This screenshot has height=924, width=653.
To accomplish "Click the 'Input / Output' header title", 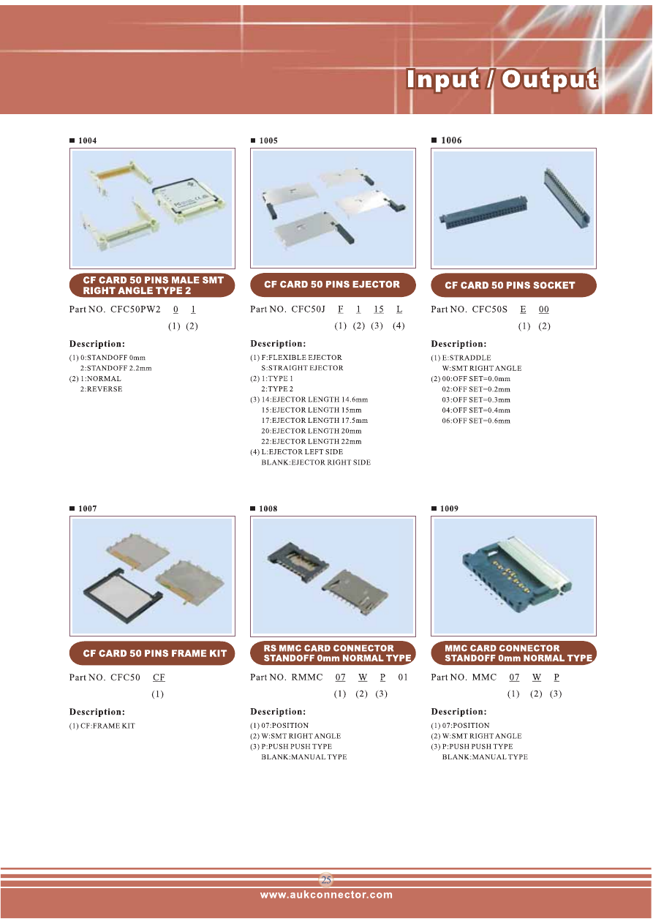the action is [502, 79].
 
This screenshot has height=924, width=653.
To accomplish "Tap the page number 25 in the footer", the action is [326, 880].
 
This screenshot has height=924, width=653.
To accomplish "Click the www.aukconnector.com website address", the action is [326, 895].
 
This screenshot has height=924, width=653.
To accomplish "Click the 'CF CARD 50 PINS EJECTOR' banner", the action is [333, 285].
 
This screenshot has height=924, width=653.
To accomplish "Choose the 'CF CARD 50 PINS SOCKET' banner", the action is [513, 285].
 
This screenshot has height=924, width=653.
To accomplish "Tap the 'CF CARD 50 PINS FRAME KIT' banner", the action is [152, 653].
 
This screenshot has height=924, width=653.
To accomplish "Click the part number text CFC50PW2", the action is [135, 309].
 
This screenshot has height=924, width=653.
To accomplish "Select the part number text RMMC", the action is [307, 677].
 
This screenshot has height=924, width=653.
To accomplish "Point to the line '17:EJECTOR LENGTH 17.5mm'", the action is [314, 421].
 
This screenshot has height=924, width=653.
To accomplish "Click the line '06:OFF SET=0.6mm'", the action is [476, 421].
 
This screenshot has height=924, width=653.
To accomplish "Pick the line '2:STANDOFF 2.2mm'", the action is [116, 368].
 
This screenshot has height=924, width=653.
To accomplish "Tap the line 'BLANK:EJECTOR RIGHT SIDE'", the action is [316, 462].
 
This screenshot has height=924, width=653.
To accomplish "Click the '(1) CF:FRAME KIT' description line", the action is [102, 726].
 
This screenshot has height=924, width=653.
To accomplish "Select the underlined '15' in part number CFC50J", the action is [379, 309].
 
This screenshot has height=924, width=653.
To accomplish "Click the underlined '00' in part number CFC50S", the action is [544, 309].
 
